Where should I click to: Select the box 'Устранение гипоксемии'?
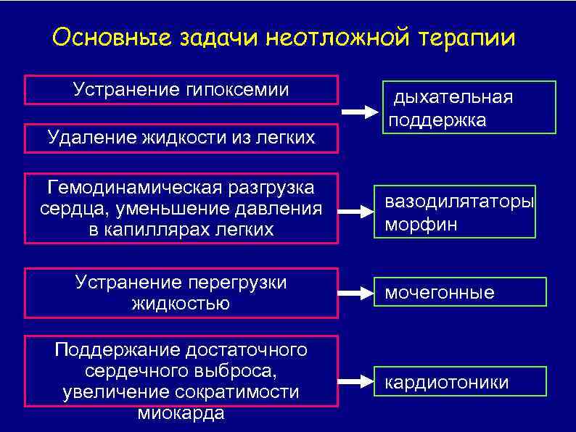181,90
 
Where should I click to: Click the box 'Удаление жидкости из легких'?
181,138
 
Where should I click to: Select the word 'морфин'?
421,225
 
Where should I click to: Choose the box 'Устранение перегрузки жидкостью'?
181,293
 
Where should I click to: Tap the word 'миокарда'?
181,413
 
